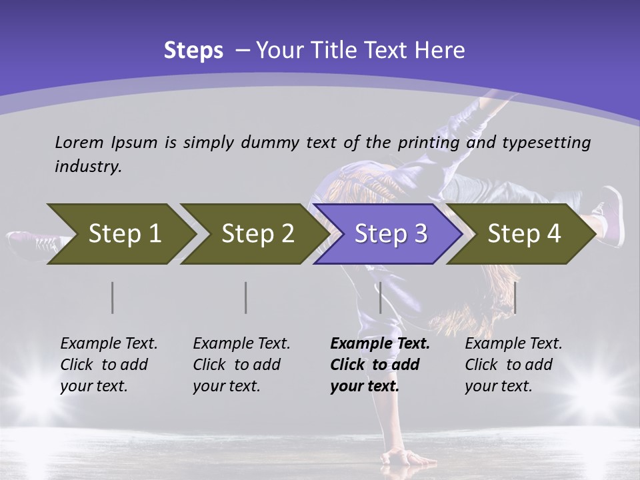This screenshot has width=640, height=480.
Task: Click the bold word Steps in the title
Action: tap(193, 51)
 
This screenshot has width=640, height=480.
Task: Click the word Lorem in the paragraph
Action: tap(79, 142)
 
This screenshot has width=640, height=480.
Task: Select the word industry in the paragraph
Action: tap(88, 167)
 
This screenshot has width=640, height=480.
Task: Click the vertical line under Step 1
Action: tap(113, 297)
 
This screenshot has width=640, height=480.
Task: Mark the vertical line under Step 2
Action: tap(246, 297)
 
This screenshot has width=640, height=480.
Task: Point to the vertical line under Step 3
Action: tap(380, 297)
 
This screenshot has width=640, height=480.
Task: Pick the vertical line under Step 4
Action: tap(515, 297)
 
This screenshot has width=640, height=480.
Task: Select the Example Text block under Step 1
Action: tap(109, 365)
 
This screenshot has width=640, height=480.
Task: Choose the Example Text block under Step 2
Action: tap(241, 365)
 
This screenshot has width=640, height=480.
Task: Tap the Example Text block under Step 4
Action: tap(513, 365)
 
